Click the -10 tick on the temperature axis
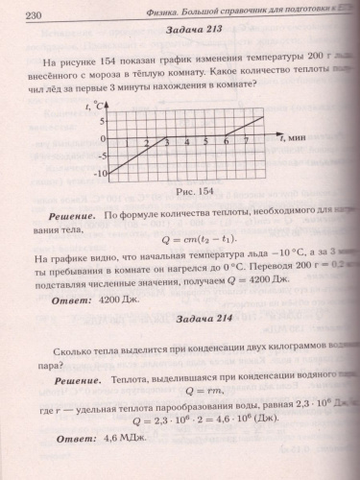point(99,174)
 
